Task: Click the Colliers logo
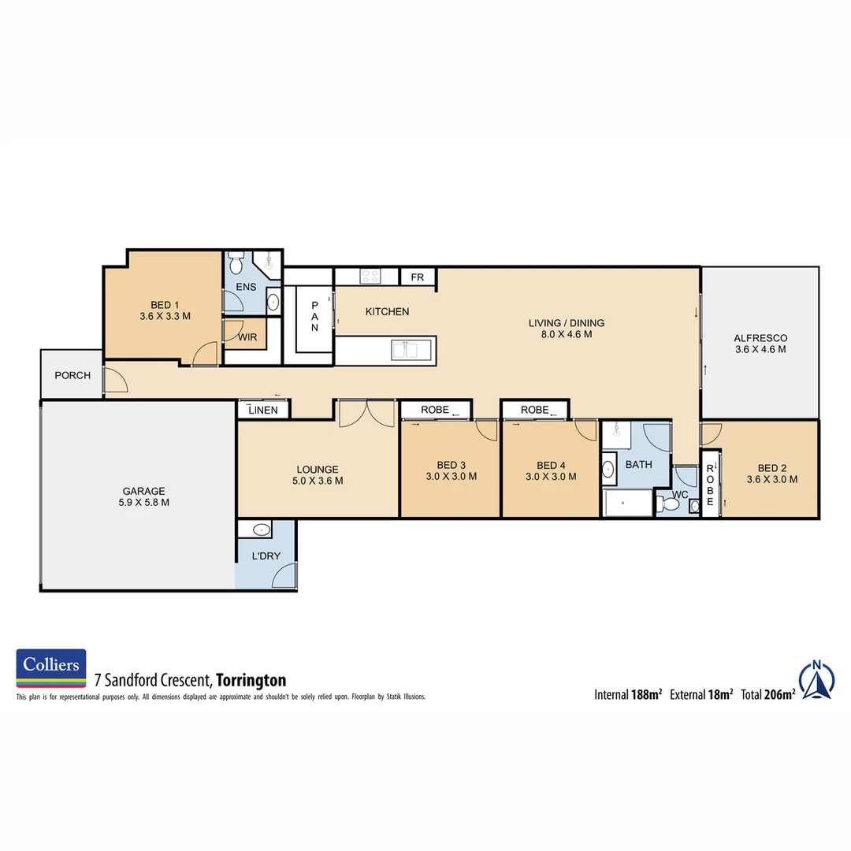pyautogui.click(x=51, y=668)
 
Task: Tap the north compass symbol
pyautogui.click(x=817, y=680)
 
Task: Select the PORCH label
pyautogui.click(x=72, y=375)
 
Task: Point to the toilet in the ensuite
pyautogui.click(x=236, y=262)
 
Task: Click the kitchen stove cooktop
pyautogui.click(x=370, y=276)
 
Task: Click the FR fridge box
pyautogui.click(x=418, y=277)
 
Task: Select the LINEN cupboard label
pyautogui.click(x=263, y=411)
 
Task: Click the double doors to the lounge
pyautogui.click(x=367, y=414)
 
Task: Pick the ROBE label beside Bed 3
pyautogui.click(x=435, y=410)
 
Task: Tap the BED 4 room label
pyautogui.click(x=551, y=470)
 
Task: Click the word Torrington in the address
pyautogui.click(x=251, y=680)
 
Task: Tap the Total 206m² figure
pyautogui.click(x=767, y=694)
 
